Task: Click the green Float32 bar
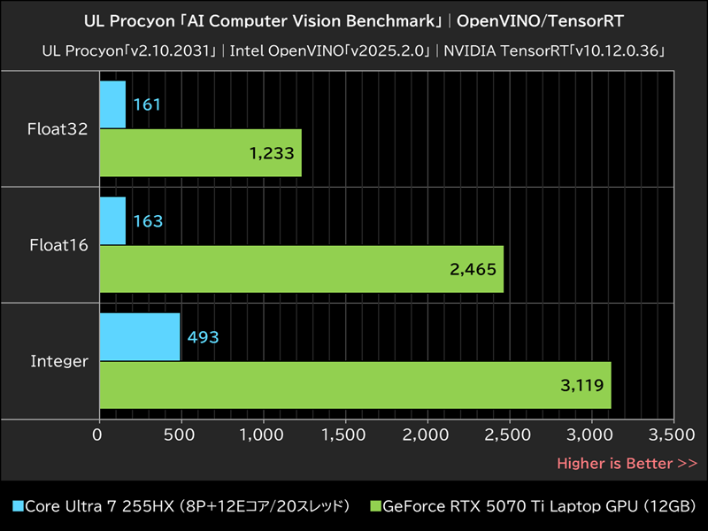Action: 200,153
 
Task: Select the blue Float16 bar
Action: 112,220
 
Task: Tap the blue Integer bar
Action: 139,336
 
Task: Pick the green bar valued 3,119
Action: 354,385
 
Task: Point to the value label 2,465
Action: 473,270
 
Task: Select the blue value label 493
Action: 202,337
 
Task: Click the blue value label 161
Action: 147,105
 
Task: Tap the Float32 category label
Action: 58,129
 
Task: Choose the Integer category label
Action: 58,361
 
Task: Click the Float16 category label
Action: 58,245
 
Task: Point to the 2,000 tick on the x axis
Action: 427,435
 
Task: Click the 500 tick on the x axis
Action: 181,435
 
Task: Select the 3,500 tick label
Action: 673,435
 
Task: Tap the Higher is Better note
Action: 626,463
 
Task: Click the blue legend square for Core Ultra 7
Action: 17,506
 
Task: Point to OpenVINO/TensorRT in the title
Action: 540,19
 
